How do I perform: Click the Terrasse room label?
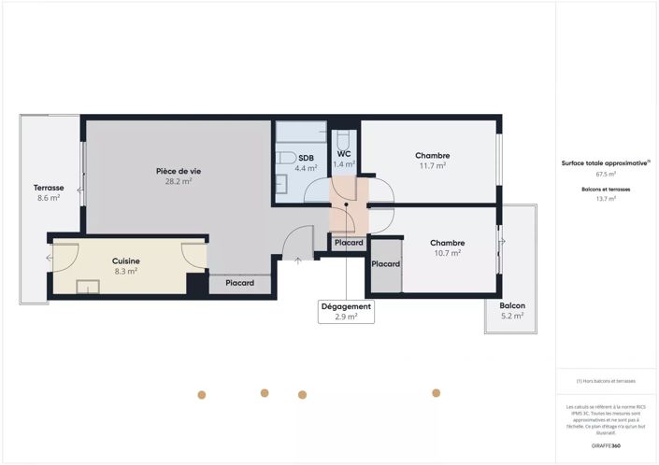coord(48,187)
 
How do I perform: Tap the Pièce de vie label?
coord(179,171)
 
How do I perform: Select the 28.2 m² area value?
coord(179,182)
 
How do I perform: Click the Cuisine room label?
coord(126,261)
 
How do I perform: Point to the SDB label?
coord(307,158)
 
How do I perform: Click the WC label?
coord(344,153)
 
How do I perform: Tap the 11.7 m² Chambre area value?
coord(433,166)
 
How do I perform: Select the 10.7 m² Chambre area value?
coord(447,253)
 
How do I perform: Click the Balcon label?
coord(512,305)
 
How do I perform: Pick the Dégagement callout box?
coord(346,311)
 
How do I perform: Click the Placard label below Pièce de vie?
coord(239,283)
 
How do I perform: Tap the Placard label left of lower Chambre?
coord(385,264)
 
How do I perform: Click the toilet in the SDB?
coord(287,157)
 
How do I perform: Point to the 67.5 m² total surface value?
coord(606,174)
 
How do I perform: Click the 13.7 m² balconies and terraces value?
coord(606,199)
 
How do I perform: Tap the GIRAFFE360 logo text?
coord(606,447)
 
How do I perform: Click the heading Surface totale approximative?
coord(604,162)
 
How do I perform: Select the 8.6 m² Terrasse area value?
coord(48,198)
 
